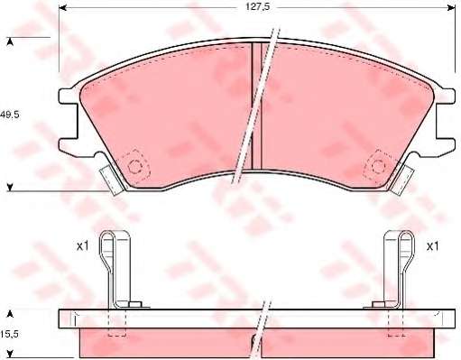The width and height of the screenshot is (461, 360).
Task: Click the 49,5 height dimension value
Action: pyautogui.click(x=9, y=115)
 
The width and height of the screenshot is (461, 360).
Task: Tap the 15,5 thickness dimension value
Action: pyautogui.click(x=9, y=334)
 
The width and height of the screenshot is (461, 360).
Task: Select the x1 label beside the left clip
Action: pyautogui.click(x=82, y=246)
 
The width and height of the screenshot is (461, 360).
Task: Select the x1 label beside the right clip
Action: pyautogui.click(x=433, y=246)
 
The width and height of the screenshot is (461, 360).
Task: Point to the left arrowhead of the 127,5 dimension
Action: pyautogui.click(x=62, y=8)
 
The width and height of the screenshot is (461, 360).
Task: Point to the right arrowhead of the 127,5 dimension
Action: pyautogui.click(x=451, y=8)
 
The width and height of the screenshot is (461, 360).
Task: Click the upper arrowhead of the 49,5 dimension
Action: pyautogui.click(x=11, y=42)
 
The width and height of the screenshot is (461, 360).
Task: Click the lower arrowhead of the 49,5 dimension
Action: pyautogui.click(x=11, y=188)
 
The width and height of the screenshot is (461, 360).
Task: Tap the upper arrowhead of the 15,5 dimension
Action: pyautogui.click(x=11, y=314)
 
